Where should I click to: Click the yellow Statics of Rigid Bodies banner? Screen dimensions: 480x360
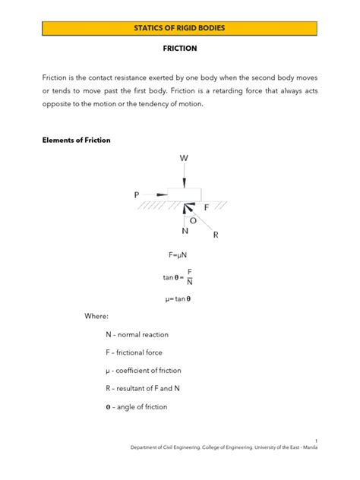180,28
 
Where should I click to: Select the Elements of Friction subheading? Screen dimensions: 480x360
76,140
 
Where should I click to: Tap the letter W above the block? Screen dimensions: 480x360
184,158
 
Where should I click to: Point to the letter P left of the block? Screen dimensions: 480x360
137,194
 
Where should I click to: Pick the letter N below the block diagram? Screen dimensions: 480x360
185,231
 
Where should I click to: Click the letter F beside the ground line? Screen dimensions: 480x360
206,207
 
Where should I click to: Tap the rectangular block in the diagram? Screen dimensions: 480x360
185,192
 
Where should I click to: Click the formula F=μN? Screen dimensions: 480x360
179,256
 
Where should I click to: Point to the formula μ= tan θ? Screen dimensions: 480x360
179,298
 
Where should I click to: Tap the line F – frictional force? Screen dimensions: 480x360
134,352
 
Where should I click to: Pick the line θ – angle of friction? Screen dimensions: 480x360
137,406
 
